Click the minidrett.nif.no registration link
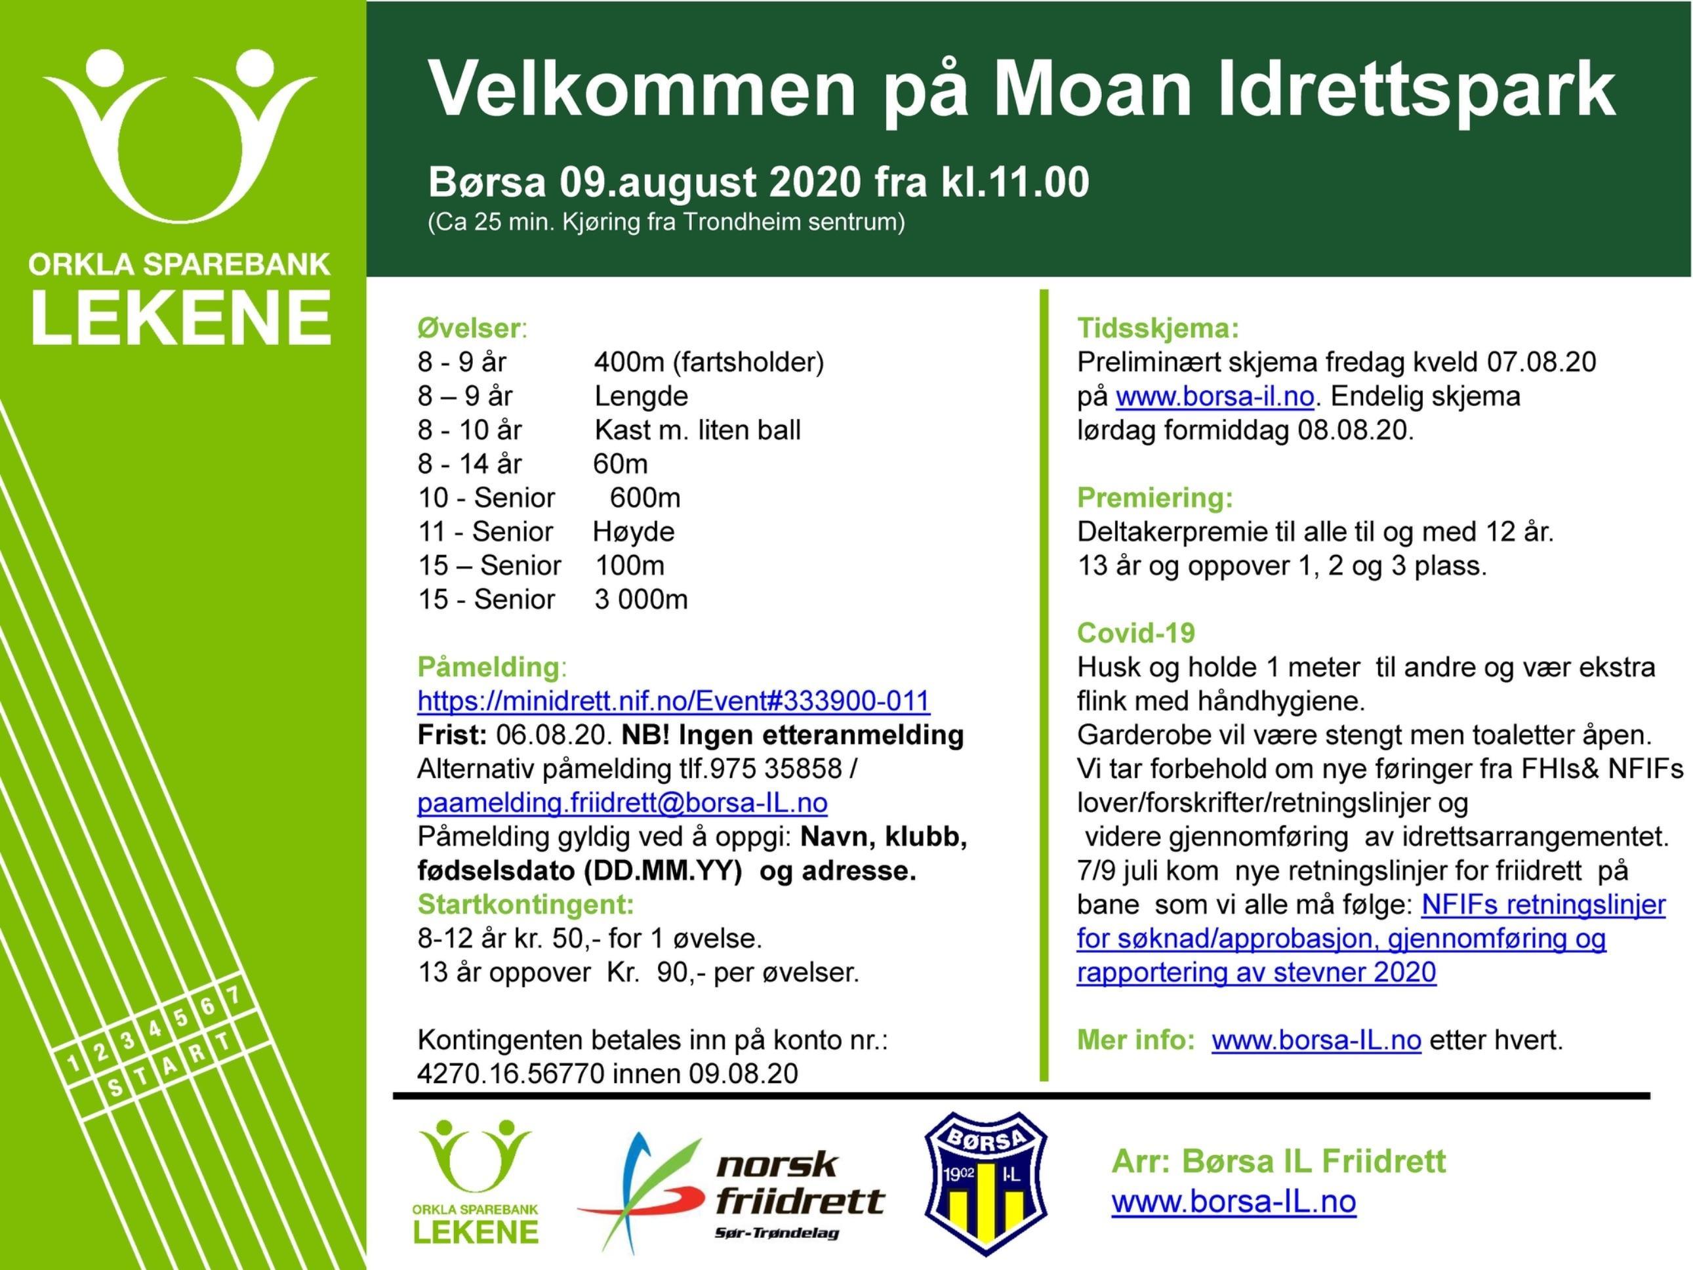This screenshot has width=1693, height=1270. [x=673, y=701]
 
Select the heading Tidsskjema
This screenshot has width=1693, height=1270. [x=1157, y=329]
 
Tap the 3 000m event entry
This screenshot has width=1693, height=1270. [x=641, y=600]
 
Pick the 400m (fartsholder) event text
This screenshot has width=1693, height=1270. [x=708, y=362]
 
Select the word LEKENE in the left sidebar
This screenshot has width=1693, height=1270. [x=180, y=317]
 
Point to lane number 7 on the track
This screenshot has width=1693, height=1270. [x=234, y=996]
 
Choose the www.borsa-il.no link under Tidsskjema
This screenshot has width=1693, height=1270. [x=1214, y=396]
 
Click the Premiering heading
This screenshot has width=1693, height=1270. [x=1154, y=499]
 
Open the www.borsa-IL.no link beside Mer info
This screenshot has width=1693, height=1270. [x=1316, y=1040]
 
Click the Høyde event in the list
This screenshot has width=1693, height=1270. [x=634, y=532]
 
